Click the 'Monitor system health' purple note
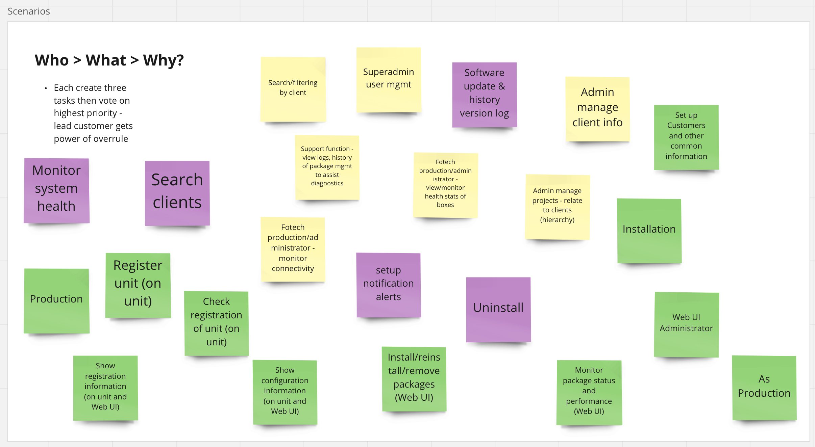pyautogui.click(x=56, y=190)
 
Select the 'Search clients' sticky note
pyautogui.click(x=177, y=193)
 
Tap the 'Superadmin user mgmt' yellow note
pyautogui.click(x=389, y=80)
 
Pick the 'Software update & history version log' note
pyautogui.click(x=484, y=95)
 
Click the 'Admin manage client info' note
pyautogui.click(x=597, y=109)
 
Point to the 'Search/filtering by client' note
pyautogui.click(x=293, y=89)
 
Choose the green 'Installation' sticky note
pyautogui.click(x=649, y=231)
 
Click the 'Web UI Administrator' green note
pyautogui.click(x=686, y=324)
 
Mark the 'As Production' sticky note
pyautogui.click(x=764, y=388)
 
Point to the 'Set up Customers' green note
pyautogui.click(x=686, y=137)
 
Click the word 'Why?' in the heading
pyautogui.click(x=163, y=60)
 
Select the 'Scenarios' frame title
pyautogui.click(x=29, y=11)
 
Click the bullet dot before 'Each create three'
pyautogui.click(x=46, y=88)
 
